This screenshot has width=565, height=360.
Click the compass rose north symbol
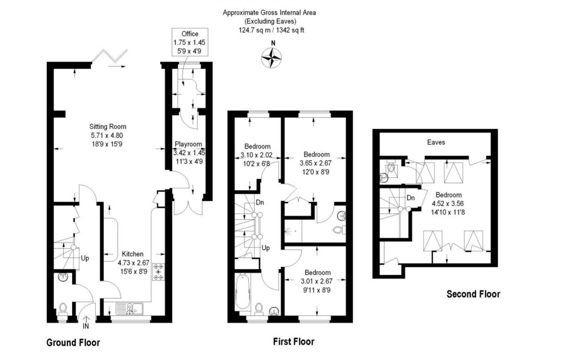point(271,57)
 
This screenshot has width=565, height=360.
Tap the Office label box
point(190,42)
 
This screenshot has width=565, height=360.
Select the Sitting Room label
point(108,127)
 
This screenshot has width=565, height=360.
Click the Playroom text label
point(188,144)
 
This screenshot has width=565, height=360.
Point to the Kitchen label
point(132,254)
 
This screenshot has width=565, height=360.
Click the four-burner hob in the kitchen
point(159,272)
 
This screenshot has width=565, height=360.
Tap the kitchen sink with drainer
point(130,309)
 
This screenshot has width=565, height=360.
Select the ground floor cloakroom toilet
point(63,308)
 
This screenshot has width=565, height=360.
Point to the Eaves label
point(436,142)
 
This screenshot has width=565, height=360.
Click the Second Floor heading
point(473,294)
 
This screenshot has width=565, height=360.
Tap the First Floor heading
point(293,342)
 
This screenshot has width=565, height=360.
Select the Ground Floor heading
point(73,343)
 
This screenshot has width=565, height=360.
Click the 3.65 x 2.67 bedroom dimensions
point(316,163)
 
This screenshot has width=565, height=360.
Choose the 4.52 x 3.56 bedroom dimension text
point(448,203)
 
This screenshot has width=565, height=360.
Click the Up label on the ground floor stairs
point(85,258)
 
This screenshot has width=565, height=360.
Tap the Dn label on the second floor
point(410,198)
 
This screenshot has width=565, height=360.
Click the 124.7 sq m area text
point(271,30)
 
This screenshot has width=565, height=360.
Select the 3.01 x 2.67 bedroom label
point(316,281)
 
